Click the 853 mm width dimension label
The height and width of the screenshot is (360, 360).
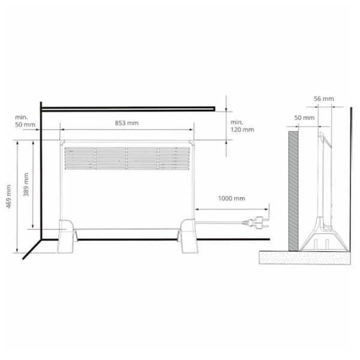click(x=127, y=123)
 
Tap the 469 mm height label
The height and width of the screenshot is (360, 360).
click(x=9, y=197)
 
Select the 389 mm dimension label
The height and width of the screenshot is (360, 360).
click(x=26, y=185)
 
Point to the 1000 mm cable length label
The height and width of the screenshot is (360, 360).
click(x=232, y=199)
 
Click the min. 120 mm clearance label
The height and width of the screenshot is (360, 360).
click(x=242, y=126)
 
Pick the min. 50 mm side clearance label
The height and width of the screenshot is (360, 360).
click(x=25, y=121)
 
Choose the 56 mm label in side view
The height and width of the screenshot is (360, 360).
click(x=324, y=99)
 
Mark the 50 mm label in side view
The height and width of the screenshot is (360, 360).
click(x=304, y=118)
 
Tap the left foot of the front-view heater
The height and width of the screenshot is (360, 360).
click(x=67, y=236)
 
